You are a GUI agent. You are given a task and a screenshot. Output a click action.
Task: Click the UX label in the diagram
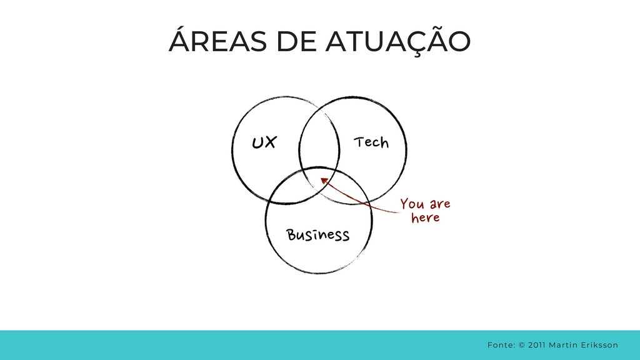(x=263, y=143)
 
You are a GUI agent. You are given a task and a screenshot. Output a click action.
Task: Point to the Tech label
(x=371, y=143)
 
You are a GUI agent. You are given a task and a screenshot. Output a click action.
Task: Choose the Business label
(x=317, y=235)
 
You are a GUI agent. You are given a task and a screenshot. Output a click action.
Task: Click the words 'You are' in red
(x=425, y=204)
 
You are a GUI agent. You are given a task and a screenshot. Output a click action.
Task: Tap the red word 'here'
(x=426, y=218)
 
